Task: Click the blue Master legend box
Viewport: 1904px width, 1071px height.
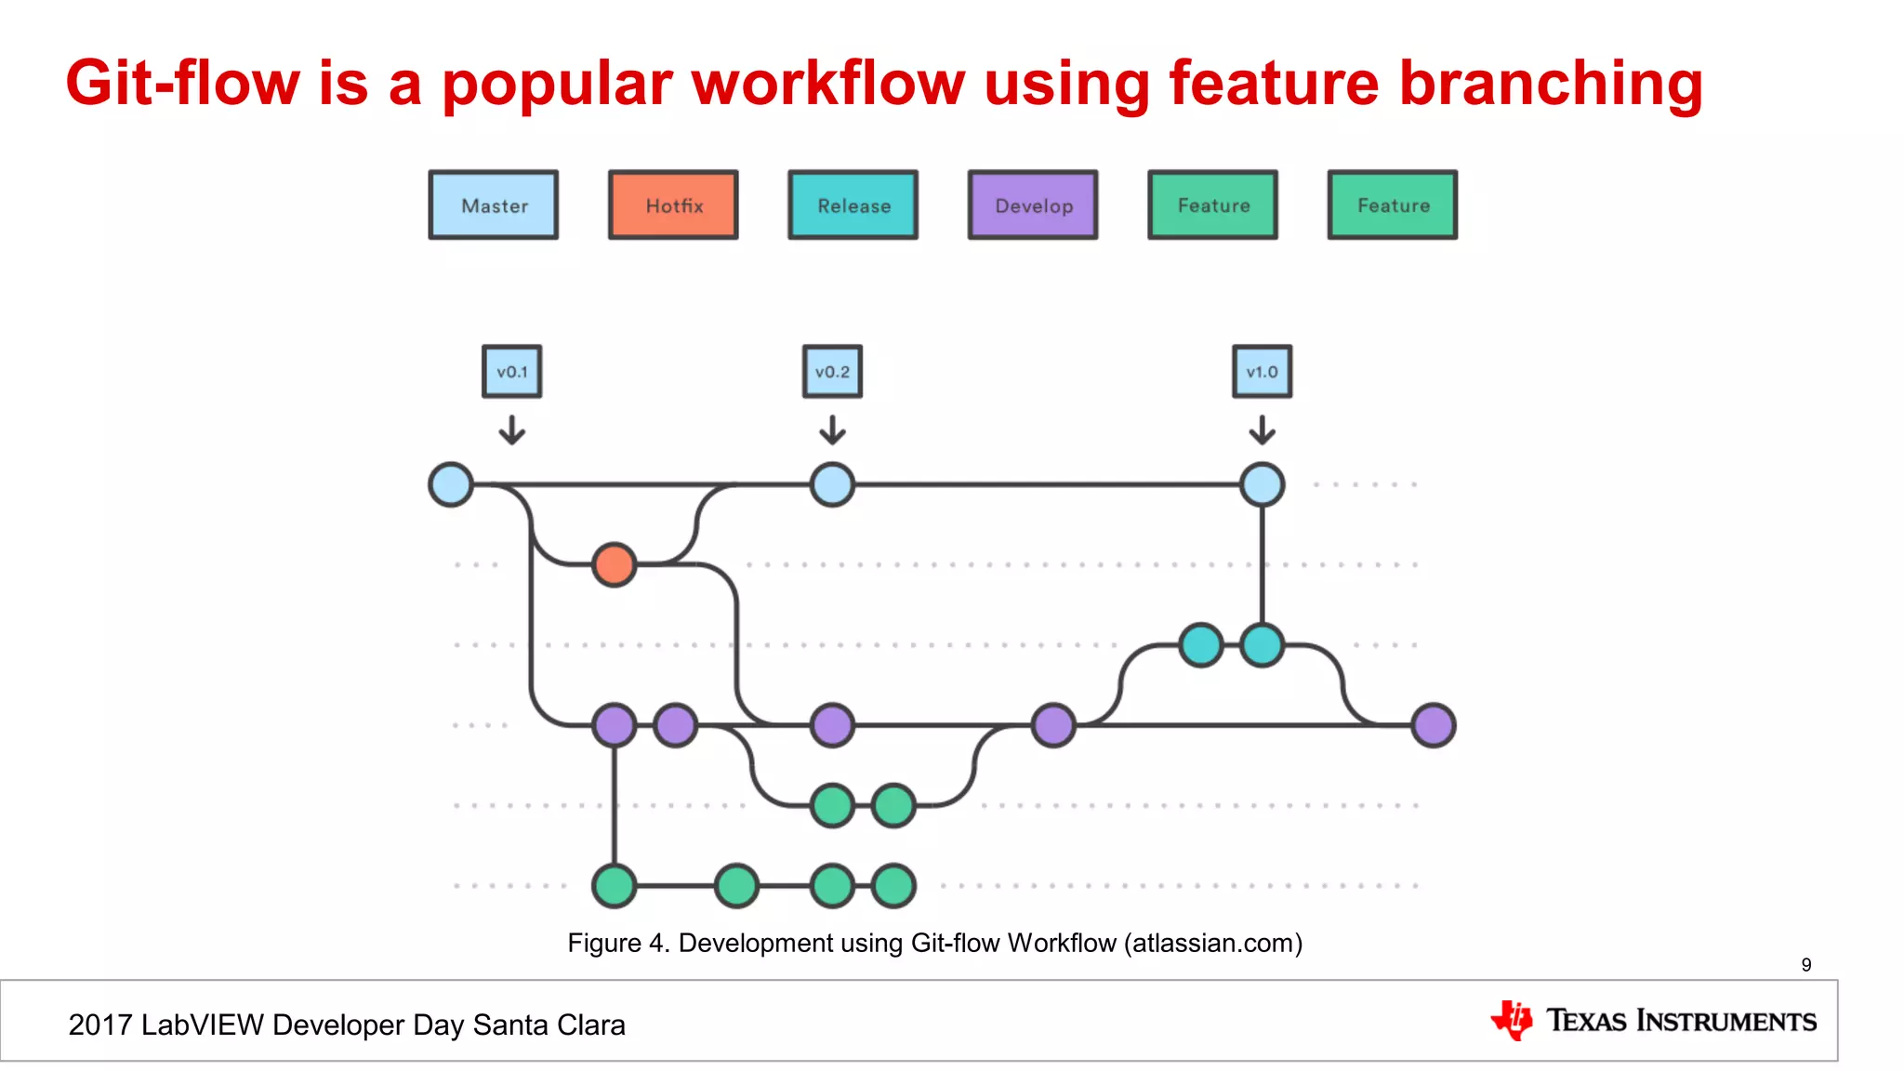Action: (494, 205)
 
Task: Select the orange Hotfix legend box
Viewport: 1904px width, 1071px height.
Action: (673, 205)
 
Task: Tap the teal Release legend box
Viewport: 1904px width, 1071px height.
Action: (853, 205)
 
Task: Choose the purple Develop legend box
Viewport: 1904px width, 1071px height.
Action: (1033, 205)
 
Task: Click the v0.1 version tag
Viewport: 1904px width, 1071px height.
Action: (511, 372)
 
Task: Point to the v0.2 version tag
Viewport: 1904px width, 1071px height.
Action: (832, 372)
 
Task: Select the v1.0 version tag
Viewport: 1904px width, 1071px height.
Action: (1262, 372)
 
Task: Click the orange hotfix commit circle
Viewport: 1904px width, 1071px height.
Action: (614, 564)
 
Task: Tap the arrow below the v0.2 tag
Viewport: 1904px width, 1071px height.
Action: (832, 430)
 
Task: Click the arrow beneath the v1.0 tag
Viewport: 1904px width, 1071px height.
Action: (1262, 430)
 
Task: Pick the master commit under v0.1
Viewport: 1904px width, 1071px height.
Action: (451, 484)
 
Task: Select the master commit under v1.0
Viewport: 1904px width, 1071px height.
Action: (1262, 484)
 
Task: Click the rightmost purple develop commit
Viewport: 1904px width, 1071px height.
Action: (1433, 725)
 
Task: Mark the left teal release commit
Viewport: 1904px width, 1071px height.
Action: (1200, 645)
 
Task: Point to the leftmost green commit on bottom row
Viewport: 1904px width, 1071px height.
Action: (614, 885)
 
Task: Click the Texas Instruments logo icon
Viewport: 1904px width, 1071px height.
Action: (1513, 1020)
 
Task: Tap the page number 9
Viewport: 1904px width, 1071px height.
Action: (1806, 965)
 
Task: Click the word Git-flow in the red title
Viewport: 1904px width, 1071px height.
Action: (182, 84)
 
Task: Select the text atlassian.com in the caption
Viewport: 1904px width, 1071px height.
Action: (1212, 944)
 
